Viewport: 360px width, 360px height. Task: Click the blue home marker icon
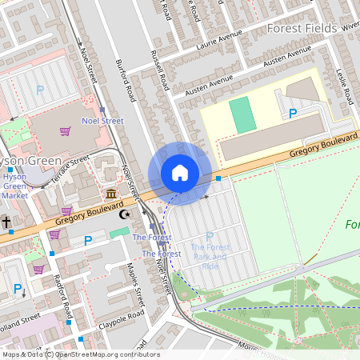coord(180,173)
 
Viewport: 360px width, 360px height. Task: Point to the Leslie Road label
coord(346,84)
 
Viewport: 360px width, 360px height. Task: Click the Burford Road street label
coord(126,81)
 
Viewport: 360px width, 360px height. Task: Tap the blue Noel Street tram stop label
coord(102,121)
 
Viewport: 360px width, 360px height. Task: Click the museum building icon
coord(110,194)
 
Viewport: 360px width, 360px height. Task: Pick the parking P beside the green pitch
coord(292,113)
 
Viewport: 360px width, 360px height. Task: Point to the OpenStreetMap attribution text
coord(80,354)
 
